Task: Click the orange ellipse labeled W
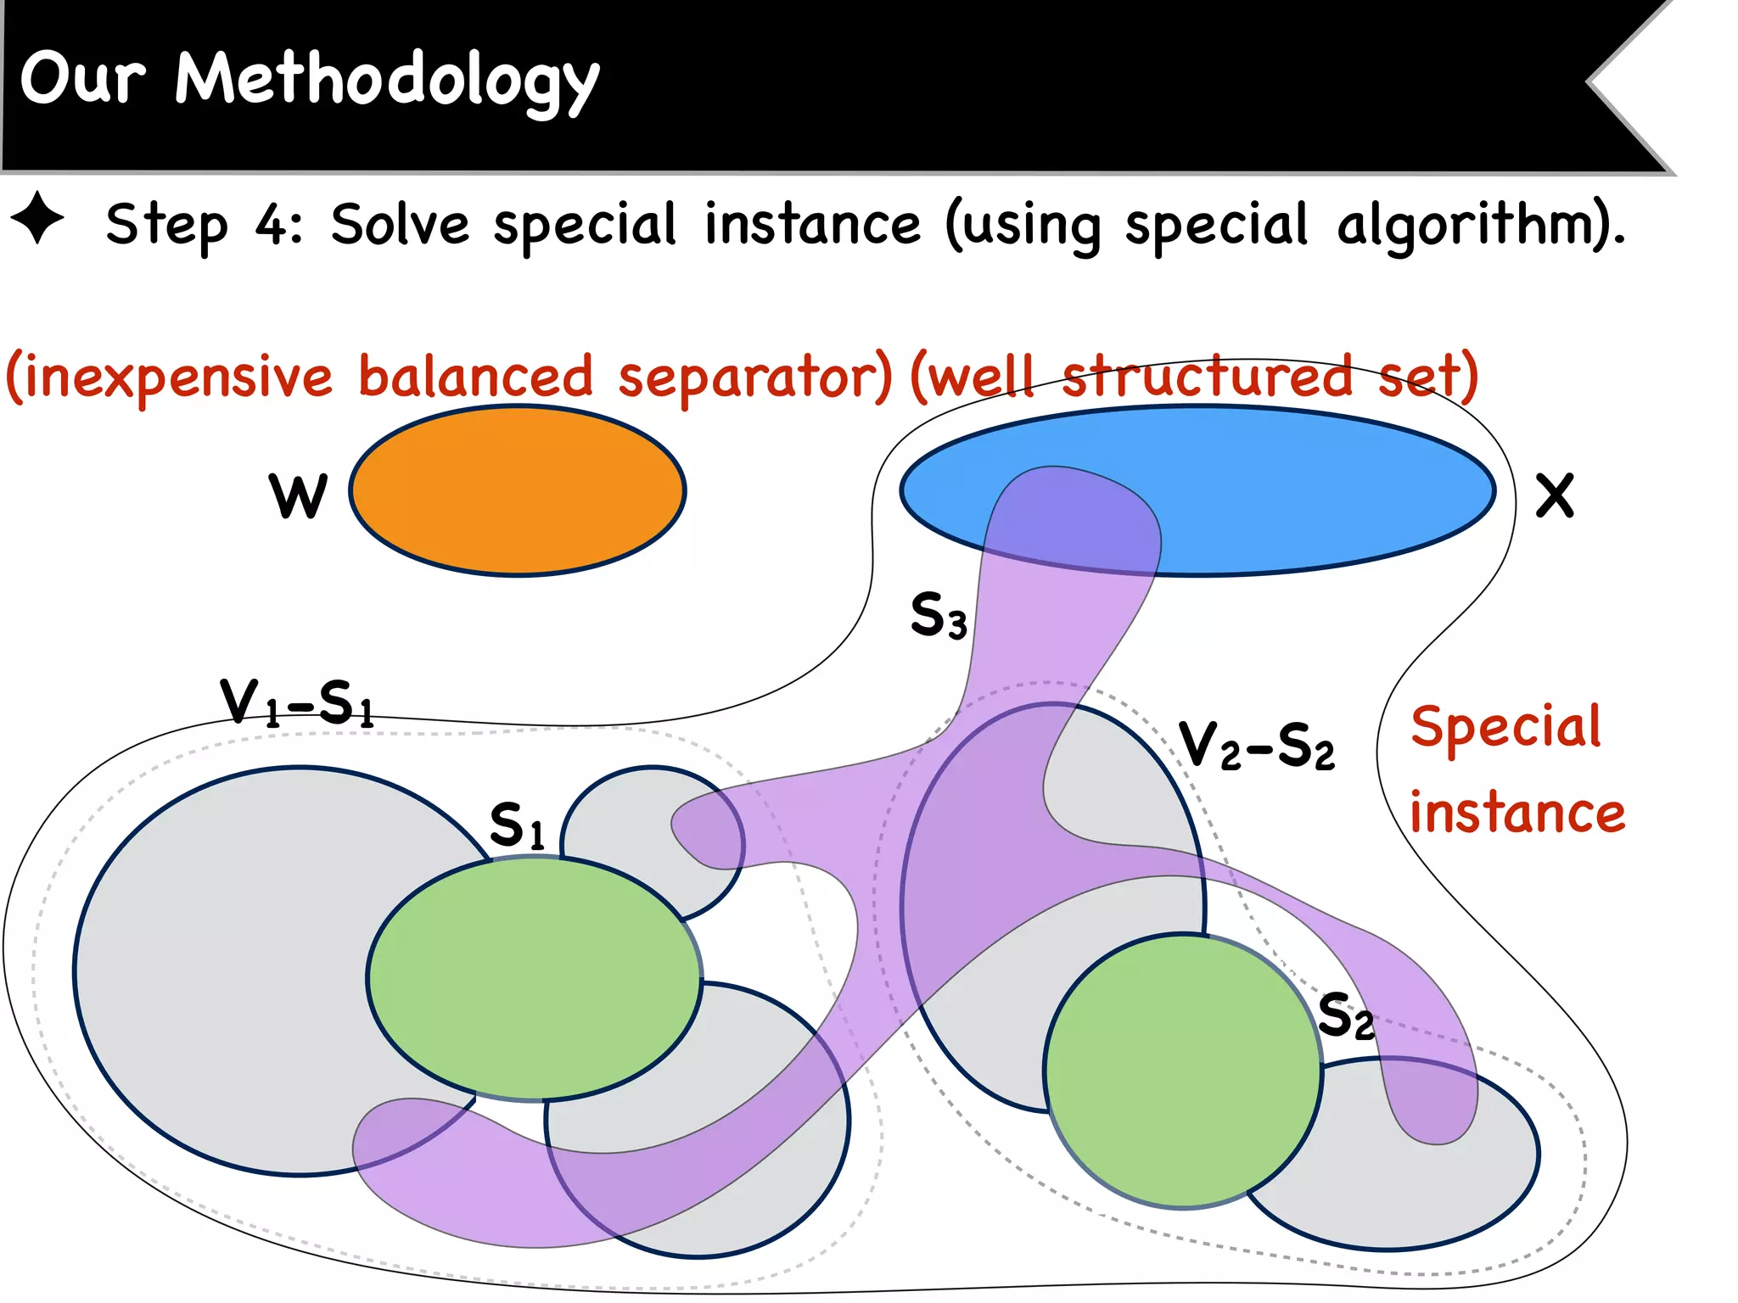point(518,491)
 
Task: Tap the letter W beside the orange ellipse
point(298,495)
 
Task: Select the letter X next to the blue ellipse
point(1555,495)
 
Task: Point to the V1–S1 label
point(297,702)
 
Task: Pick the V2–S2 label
point(1257,746)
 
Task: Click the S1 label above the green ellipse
point(517,825)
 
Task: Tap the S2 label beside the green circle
point(1346,1015)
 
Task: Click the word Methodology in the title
point(387,80)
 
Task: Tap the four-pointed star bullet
point(37,219)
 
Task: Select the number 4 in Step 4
point(273,225)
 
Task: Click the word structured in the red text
point(1207,377)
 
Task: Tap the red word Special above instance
point(1505,728)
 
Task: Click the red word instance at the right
point(1517,813)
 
